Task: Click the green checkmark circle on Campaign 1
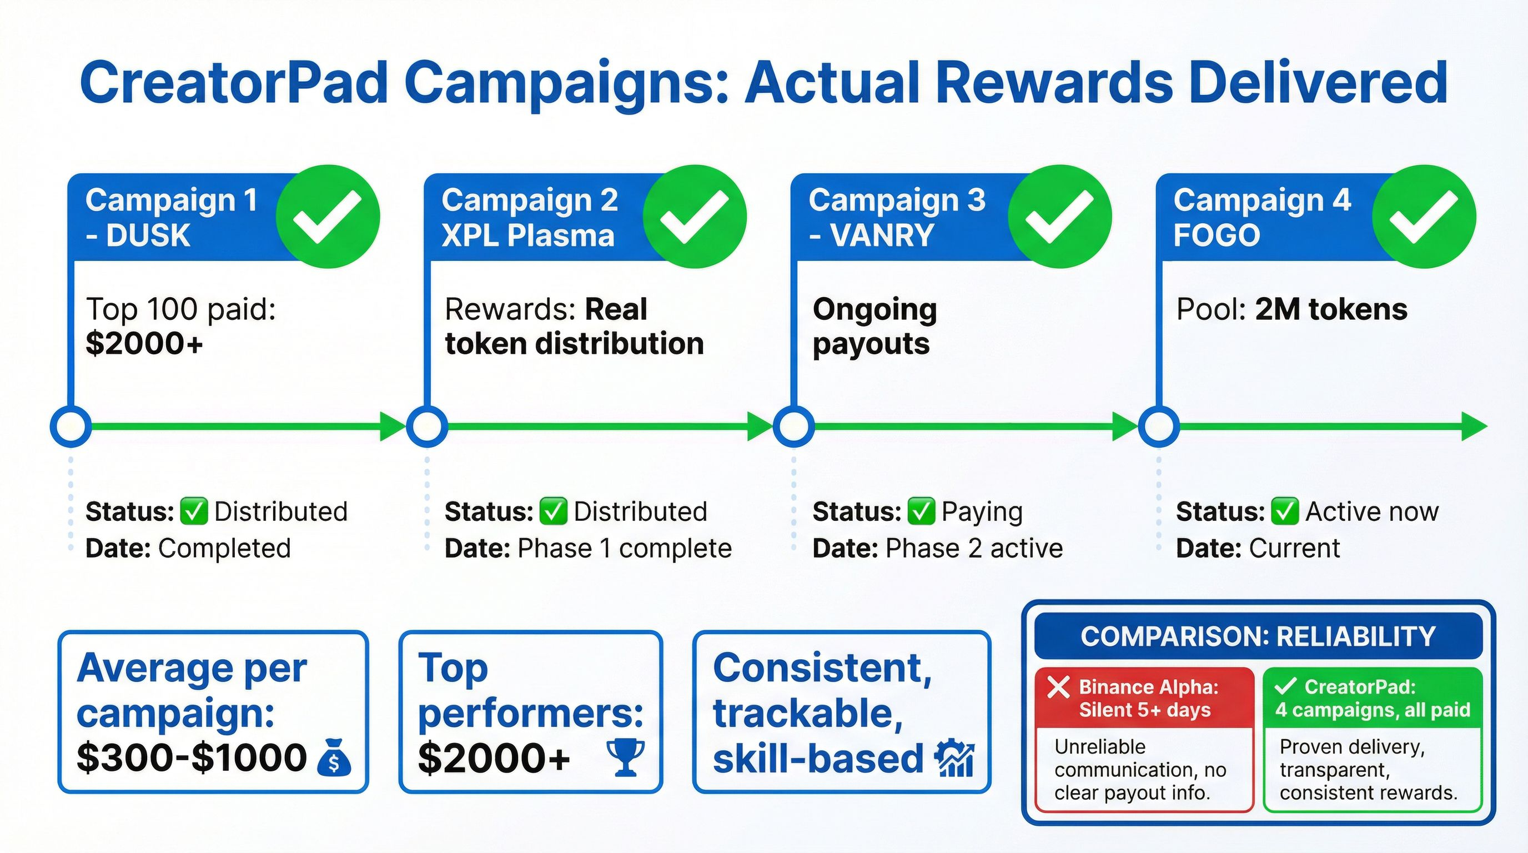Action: pyautogui.click(x=328, y=217)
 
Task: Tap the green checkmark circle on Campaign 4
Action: pyautogui.click(x=1424, y=217)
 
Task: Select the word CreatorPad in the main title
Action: pyautogui.click(x=234, y=83)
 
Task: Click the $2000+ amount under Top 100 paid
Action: pyautogui.click(x=144, y=343)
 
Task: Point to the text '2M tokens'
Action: pyautogui.click(x=1331, y=310)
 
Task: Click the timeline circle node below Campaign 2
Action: pyautogui.click(x=427, y=426)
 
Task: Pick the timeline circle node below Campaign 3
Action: pyautogui.click(x=794, y=426)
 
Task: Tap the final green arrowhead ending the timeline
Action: pyautogui.click(x=1474, y=426)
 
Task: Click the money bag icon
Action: pyautogui.click(x=334, y=757)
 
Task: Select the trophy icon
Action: pyautogui.click(x=625, y=757)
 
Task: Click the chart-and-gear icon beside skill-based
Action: pyautogui.click(x=954, y=757)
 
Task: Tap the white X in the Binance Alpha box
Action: pyautogui.click(x=1059, y=687)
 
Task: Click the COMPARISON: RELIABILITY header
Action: pyautogui.click(x=1258, y=636)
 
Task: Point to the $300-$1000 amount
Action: pyautogui.click(x=192, y=757)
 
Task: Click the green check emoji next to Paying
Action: pyautogui.click(x=921, y=512)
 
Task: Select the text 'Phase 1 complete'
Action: pyautogui.click(x=625, y=548)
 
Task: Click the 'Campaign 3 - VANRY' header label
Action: pyautogui.click(x=897, y=218)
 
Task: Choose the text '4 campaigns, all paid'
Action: pyautogui.click(x=1373, y=710)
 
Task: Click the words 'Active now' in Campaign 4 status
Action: pyautogui.click(x=1372, y=511)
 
